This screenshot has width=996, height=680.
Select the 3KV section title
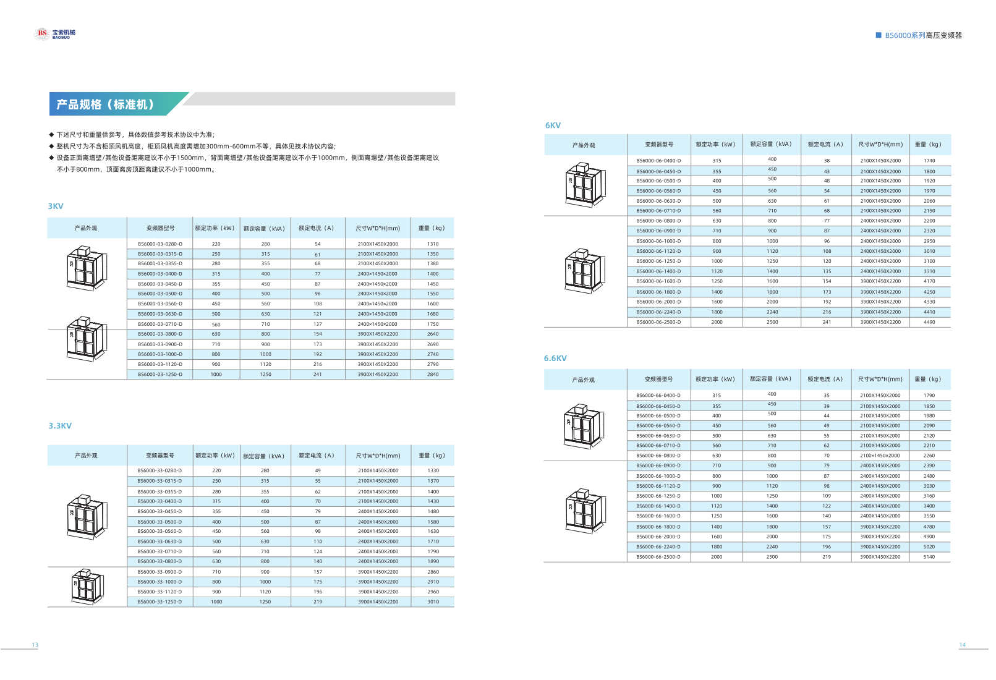(x=56, y=206)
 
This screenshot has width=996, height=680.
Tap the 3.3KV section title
(x=60, y=426)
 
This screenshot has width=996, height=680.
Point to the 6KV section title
(x=553, y=125)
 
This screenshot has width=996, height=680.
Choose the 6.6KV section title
(x=555, y=359)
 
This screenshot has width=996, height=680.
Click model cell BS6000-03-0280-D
(x=160, y=244)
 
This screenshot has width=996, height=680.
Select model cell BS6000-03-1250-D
(x=160, y=375)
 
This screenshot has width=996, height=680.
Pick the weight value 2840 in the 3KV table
(x=433, y=375)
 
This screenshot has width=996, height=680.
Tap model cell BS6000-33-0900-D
(x=160, y=572)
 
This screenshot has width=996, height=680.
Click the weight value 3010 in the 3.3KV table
(x=433, y=602)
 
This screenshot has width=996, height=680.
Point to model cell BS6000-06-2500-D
(x=658, y=322)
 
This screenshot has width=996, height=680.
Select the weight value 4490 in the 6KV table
(x=929, y=322)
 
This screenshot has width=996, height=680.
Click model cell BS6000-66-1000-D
(x=658, y=476)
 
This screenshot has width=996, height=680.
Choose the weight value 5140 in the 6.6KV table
(x=929, y=557)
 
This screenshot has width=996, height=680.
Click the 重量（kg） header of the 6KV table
(x=928, y=145)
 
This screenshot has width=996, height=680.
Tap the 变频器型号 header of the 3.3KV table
(x=160, y=456)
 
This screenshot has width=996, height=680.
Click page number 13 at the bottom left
(x=35, y=645)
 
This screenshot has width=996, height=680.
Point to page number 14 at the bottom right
(x=962, y=645)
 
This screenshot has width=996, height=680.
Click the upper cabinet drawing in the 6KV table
(x=584, y=184)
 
